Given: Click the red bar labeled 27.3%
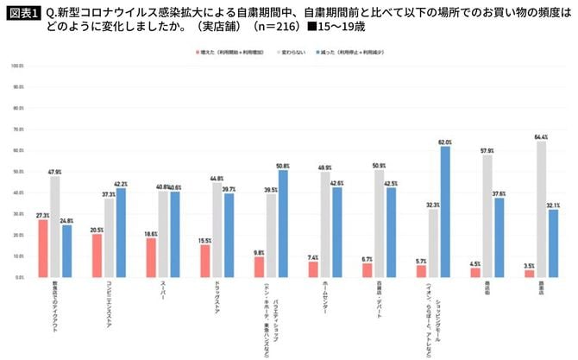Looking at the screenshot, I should pos(43,249).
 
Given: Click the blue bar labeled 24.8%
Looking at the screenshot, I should pos(66,251).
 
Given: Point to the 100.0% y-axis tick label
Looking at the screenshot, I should pos(16,66).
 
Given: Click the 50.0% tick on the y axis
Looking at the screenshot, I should pos(16,172).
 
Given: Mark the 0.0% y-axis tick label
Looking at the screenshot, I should pos(17,278).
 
